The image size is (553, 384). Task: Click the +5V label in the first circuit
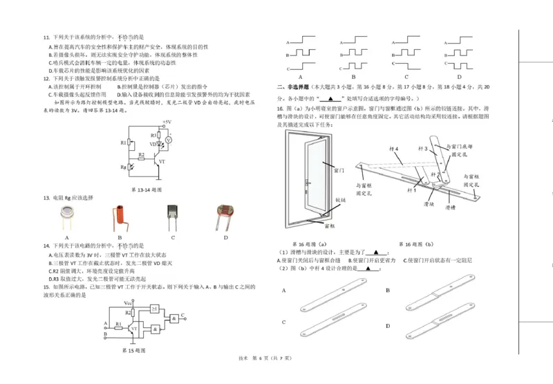[167, 122]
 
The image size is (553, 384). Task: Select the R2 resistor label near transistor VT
[141, 155]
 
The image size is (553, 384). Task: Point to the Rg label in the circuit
[123, 166]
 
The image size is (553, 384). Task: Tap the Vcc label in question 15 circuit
[129, 302]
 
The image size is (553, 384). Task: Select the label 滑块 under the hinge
[428, 205]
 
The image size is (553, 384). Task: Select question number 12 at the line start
[46, 78]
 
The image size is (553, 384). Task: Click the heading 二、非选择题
[292, 87]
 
